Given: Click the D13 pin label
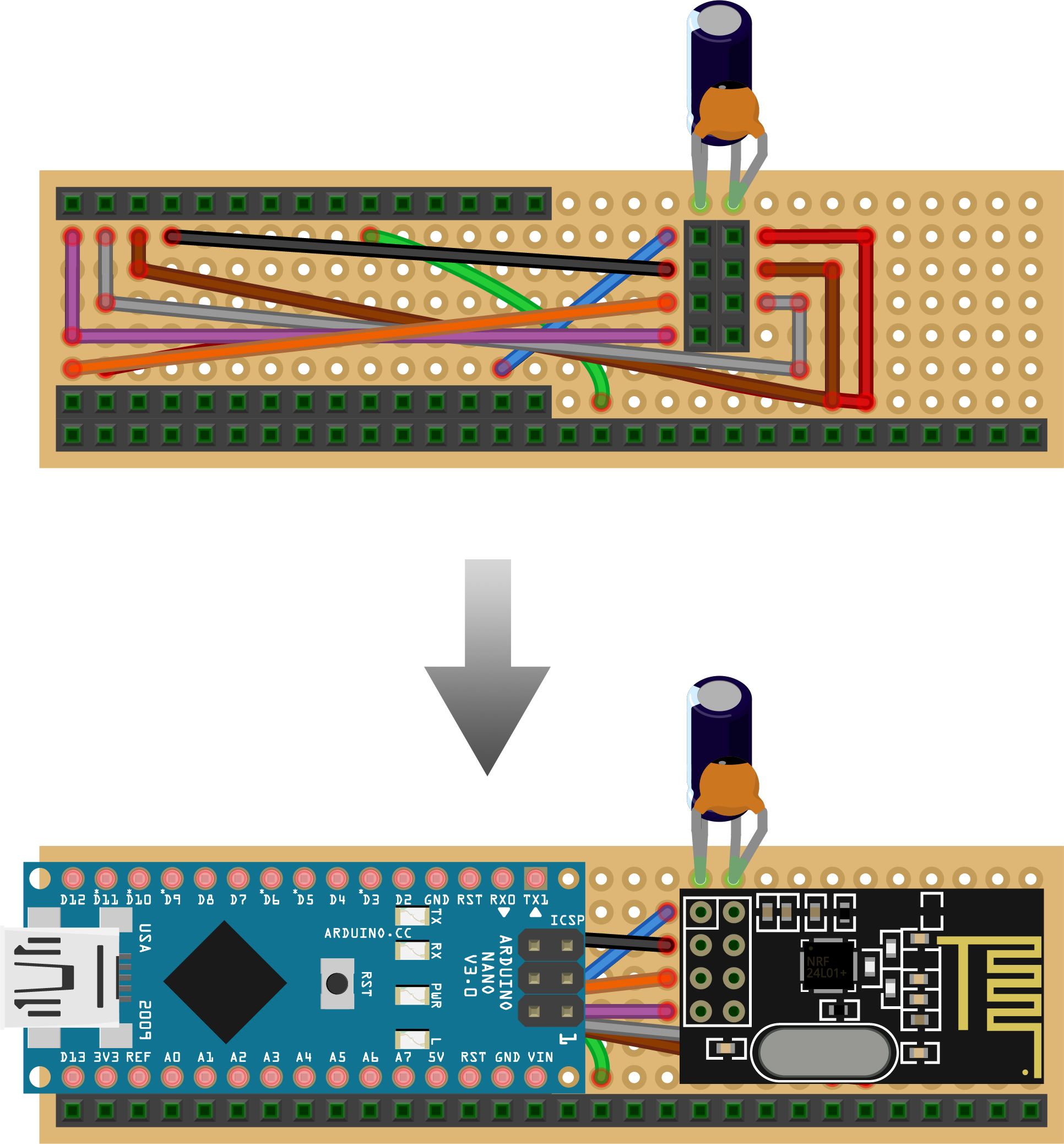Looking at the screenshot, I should [x=73, y=1057].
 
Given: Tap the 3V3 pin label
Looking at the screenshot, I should [x=106, y=1057].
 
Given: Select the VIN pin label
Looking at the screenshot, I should [x=540, y=1057].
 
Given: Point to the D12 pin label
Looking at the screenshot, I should [x=73, y=899].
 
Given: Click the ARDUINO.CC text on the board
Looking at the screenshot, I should [x=367, y=933].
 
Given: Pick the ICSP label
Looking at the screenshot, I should [x=567, y=920].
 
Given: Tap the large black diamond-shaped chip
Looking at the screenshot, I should [x=225, y=982].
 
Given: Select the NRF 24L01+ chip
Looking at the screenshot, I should [x=827, y=967].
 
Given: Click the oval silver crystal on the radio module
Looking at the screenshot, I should [x=823, y=1053].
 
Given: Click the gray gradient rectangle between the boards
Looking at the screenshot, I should [x=487, y=667].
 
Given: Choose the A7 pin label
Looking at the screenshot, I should [x=403, y=1057].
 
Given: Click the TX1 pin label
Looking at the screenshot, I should [x=535, y=899].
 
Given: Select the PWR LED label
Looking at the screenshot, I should [x=437, y=995].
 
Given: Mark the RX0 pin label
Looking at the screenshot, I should [x=502, y=899].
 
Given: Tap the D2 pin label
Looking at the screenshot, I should [x=403, y=899].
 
